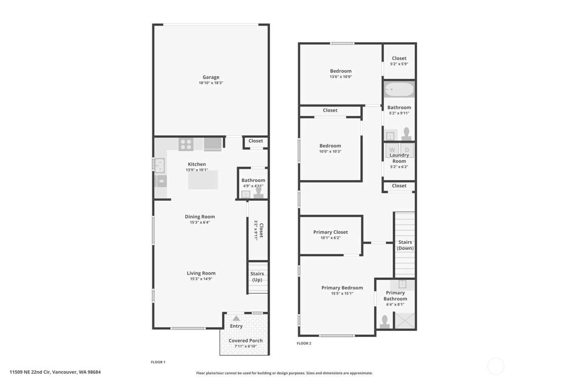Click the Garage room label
211,77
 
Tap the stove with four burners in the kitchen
186,144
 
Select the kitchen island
203,180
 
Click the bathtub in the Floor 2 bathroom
399,90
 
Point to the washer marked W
392,150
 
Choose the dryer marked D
407,150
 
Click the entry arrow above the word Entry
236,318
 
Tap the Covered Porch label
245,340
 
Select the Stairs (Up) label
257,277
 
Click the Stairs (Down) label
405,245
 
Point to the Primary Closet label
330,232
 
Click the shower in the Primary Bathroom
405,321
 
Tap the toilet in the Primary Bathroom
384,322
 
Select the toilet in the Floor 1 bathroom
258,192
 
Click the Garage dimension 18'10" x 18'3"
211,83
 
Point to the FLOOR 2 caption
304,343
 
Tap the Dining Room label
200,217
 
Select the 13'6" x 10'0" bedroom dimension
341,77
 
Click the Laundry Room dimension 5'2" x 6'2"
399,167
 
